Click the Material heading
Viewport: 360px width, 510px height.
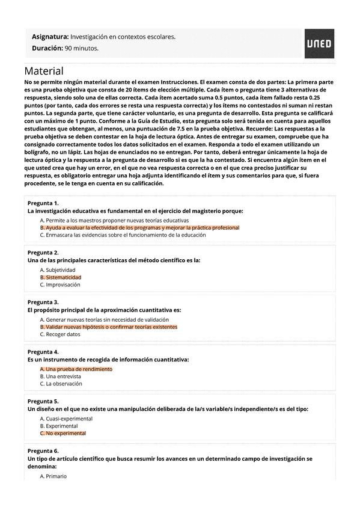tap(44, 71)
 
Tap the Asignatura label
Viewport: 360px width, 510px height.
tap(50, 37)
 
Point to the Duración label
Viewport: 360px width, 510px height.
tap(47, 48)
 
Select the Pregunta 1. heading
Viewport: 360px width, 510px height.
tap(43, 203)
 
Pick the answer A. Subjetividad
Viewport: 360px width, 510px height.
tap(58, 271)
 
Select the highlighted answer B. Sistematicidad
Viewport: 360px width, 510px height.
tap(60, 277)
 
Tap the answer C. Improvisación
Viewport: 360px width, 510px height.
tap(60, 284)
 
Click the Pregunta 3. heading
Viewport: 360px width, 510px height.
tap(43, 302)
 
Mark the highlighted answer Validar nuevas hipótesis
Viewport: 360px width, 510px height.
tap(109, 327)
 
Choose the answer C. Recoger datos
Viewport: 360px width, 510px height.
tap(60, 334)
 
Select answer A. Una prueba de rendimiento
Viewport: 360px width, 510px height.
tap(76, 369)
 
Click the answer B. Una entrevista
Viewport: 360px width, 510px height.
tap(61, 376)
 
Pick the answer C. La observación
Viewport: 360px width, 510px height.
tap(61, 384)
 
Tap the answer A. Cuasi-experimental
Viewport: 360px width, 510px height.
tap(66, 419)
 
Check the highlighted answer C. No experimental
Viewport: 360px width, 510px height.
tap(63, 433)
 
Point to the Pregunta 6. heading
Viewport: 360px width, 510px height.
tap(43, 450)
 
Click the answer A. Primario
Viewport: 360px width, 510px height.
tap(53, 476)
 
